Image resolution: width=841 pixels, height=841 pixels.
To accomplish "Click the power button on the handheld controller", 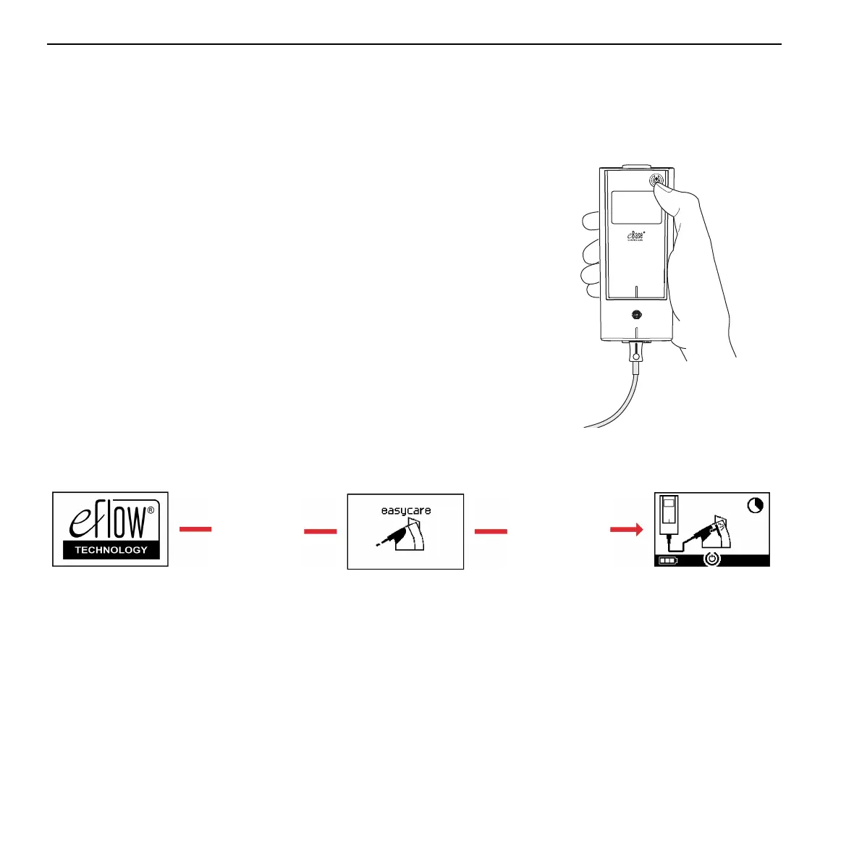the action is pos(656,181).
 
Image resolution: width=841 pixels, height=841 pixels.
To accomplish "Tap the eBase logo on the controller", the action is pos(635,235).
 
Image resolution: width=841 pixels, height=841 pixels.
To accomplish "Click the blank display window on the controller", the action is pos(636,207).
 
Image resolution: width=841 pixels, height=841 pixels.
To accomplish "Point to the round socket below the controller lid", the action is pos(636,315).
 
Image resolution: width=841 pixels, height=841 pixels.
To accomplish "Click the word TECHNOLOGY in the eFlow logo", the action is pos(111,550).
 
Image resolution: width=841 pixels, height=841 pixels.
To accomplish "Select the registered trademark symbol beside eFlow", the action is pos(151,510).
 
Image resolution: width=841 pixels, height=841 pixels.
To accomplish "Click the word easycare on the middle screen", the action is pos(405,511).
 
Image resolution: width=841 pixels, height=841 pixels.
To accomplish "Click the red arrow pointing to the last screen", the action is pos(626,531).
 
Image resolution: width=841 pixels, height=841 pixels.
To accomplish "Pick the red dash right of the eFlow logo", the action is pos(195,530).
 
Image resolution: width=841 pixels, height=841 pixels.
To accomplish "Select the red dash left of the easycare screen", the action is pos(321,532).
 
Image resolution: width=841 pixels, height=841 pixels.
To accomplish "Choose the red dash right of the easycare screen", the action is pos(491,532).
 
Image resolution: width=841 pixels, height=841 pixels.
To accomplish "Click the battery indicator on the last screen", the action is pos(667,560).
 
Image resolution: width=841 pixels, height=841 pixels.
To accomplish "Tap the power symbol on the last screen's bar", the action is pos(712,559).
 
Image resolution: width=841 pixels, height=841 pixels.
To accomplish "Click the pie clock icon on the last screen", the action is pos(755,505).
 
